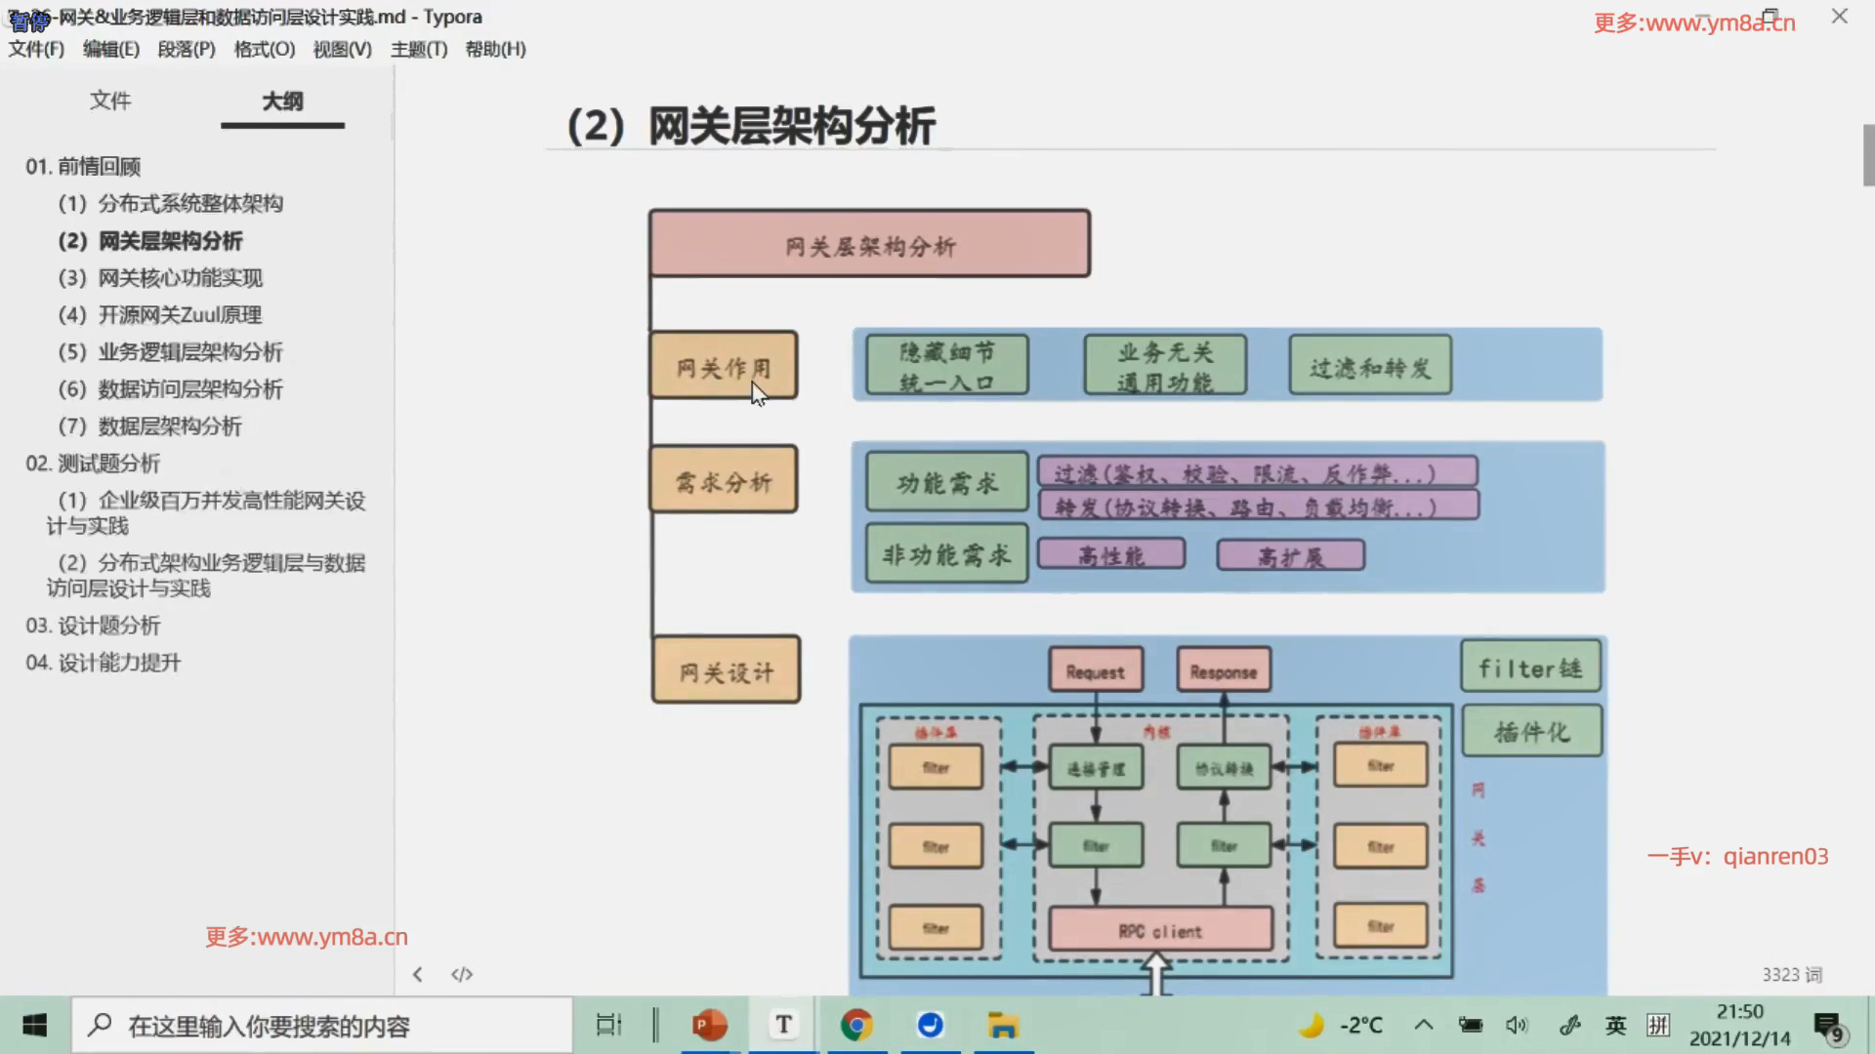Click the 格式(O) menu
click(x=264, y=49)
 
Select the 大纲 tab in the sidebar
click(x=282, y=101)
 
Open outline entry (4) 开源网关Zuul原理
click(x=180, y=315)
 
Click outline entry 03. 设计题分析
click(x=93, y=626)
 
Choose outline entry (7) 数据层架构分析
click(x=170, y=426)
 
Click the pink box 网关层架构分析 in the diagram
click(x=869, y=244)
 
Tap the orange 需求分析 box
click(x=724, y=480)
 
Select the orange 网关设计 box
click(x=726, y=670)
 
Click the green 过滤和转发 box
click(x=1370, y=366)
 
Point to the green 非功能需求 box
click(x=946, y=554)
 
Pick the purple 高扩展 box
click(x=1290, y=556)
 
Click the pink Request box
click(x=1096, y=670)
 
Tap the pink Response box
click(x=1224, y=670)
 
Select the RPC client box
click(x=1160, y=930)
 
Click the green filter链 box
click(x=1530, y=668)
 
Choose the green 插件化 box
click(x=1531, y=731)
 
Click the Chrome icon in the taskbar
click(x=856, y=1026)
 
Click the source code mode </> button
click(x=462, y=974)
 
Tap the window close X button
click(x=1840, y=17)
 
